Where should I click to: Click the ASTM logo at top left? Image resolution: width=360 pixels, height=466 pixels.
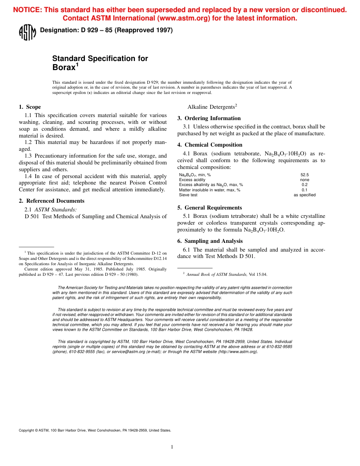tap(27, 33)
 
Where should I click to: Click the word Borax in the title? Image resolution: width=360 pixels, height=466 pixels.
tap(64, 68)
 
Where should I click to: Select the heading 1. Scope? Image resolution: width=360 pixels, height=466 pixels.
tap(30, 107)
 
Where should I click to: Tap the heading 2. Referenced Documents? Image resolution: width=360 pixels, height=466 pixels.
tap(52, 201)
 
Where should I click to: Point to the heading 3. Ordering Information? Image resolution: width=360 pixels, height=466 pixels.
tap(209, 118)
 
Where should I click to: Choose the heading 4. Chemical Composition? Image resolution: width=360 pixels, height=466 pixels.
tap(210, 145)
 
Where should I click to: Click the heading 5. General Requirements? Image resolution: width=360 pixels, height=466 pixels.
tap(209, 208)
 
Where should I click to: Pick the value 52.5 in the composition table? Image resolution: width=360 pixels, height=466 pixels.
tap(304, 175)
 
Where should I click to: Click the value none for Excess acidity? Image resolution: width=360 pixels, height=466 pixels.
tap(304, 180)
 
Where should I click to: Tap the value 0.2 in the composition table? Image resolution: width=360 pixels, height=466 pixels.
tap(304, 185)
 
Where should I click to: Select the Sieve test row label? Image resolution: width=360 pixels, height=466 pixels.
tap(188, 195)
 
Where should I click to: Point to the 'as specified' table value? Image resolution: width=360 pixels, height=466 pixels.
tap(304, 195)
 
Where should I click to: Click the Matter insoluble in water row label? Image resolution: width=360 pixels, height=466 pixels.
tap(210, 190)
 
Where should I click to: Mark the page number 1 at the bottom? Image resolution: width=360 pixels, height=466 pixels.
tap(172, 447)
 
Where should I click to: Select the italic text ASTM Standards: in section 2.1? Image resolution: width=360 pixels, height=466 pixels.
tap(56, 209)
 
